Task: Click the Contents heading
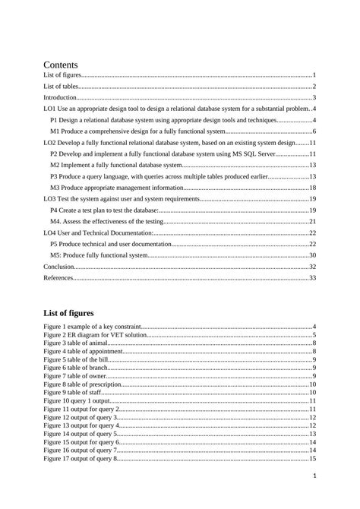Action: pyautogui.click(x=65, y=65)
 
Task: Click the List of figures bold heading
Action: pyautogui.click(x=68, y=312)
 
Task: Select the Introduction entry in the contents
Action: pyautogui.click(x=60, y=98)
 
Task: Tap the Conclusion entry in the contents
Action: pyautogui.click(x=59, y=267)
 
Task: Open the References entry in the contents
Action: pyautogui.click(x=59, y=279)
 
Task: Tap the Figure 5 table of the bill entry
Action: pyautogui.click(x=78, y=359)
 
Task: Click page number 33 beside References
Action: pyautogui.click(x=312, y=279)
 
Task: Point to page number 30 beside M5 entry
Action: pyautogui.click(x=312, y=255)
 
